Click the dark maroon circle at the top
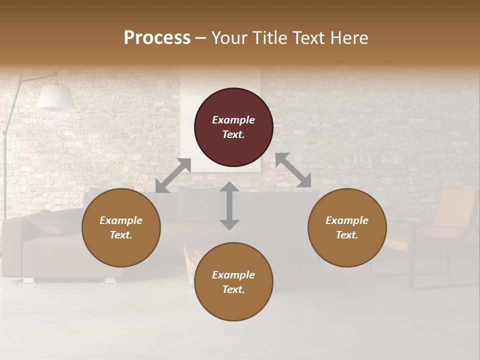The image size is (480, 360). click(x=233, y=127)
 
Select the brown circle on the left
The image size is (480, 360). click(x=121, y=228)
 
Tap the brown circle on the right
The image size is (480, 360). click(x=347, y=228)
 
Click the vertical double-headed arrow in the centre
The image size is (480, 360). click(x=229, y=205)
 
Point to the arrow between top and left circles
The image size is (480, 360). click(x=173, y=175)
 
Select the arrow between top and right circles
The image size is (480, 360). click(x=293, y=170)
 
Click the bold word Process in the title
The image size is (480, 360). click(x=157, y=38)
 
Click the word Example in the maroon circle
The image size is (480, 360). click(x=233, y=120)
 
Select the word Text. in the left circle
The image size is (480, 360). click(x=121, y=235)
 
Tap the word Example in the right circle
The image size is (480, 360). click(x=347, y=220)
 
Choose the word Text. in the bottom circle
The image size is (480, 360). click(x=233, y=289)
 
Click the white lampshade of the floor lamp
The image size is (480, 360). click(x=55, y=97)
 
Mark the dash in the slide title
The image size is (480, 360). click(x=201, y=38)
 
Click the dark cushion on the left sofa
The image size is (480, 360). click(x=47, y=222)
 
